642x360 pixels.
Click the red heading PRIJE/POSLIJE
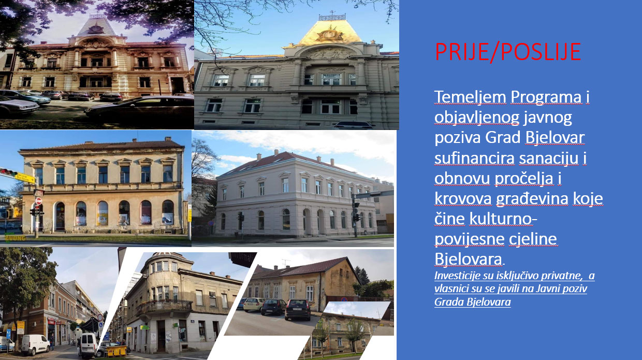pos(508,52)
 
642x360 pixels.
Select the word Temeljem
pos(470,97)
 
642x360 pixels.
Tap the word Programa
pos(546,97)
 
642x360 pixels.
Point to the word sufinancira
pos(474,158)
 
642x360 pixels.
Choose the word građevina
pos(532,199)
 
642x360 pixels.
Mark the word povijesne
pos(469,239)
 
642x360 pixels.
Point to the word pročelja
pos(523,179)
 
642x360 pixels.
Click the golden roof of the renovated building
pos(330,32)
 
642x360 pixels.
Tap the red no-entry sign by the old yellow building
pos(38,200)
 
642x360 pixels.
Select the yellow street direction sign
pos(25,178)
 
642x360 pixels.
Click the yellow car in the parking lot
pos(254,305)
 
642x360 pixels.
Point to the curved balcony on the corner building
pos(164,308)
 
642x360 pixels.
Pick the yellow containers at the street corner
pos(116,351)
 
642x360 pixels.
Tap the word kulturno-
pos(486,219)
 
